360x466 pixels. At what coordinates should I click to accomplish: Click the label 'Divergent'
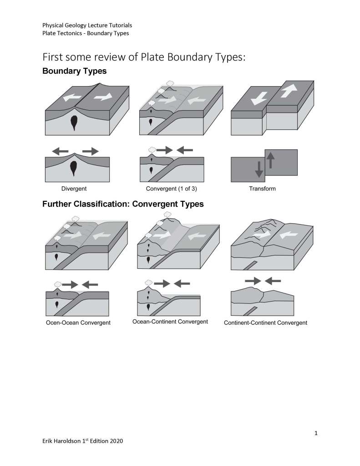tap(74, 188)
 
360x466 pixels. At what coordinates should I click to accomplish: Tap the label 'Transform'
tap(262, 188)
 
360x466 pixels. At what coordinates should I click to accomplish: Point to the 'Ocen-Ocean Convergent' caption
tap(78, 323)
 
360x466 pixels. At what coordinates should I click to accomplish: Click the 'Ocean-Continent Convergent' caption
tap(170, 322)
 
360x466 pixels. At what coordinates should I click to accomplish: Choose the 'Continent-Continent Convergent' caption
tap(265, 323)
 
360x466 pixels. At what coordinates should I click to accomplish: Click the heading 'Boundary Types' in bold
tap(74, 72)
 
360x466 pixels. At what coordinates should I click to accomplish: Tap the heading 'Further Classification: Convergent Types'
tap(123, 205)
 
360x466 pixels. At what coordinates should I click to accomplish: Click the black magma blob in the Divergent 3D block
tap(74, 123)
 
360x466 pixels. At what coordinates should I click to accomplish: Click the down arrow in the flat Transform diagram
tap(259, 169)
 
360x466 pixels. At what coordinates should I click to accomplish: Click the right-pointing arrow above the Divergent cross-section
tap(90, 151)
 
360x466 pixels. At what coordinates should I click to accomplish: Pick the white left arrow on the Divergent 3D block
tap(71, 97)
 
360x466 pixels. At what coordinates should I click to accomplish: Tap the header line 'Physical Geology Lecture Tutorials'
tap(87, 25)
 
